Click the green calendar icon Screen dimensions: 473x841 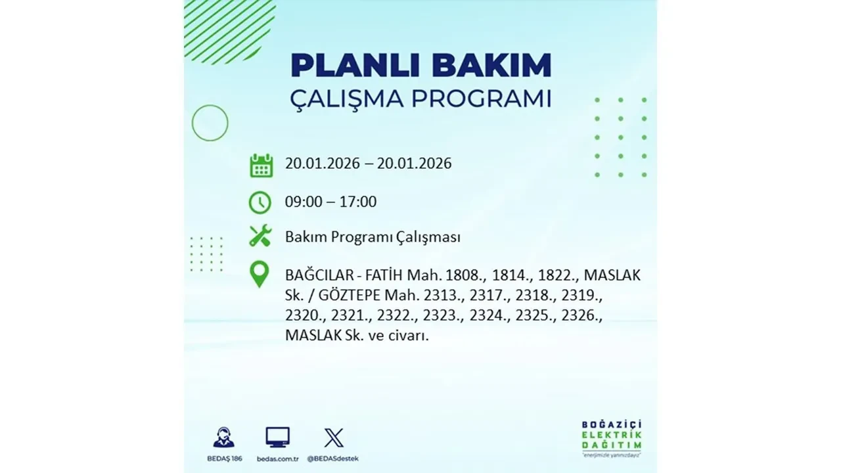coord(261,165)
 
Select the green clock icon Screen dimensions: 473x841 coord(260,202)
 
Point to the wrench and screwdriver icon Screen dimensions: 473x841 coord(260,236)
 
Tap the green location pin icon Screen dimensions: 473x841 coord(260,275)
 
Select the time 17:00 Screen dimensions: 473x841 coord(357,202)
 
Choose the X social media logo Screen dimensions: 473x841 coord(334,438)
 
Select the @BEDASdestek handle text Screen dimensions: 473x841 coord(334,458)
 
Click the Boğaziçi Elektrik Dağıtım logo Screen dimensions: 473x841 coord(612,437)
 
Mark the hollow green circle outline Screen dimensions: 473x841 coord(210,123)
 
